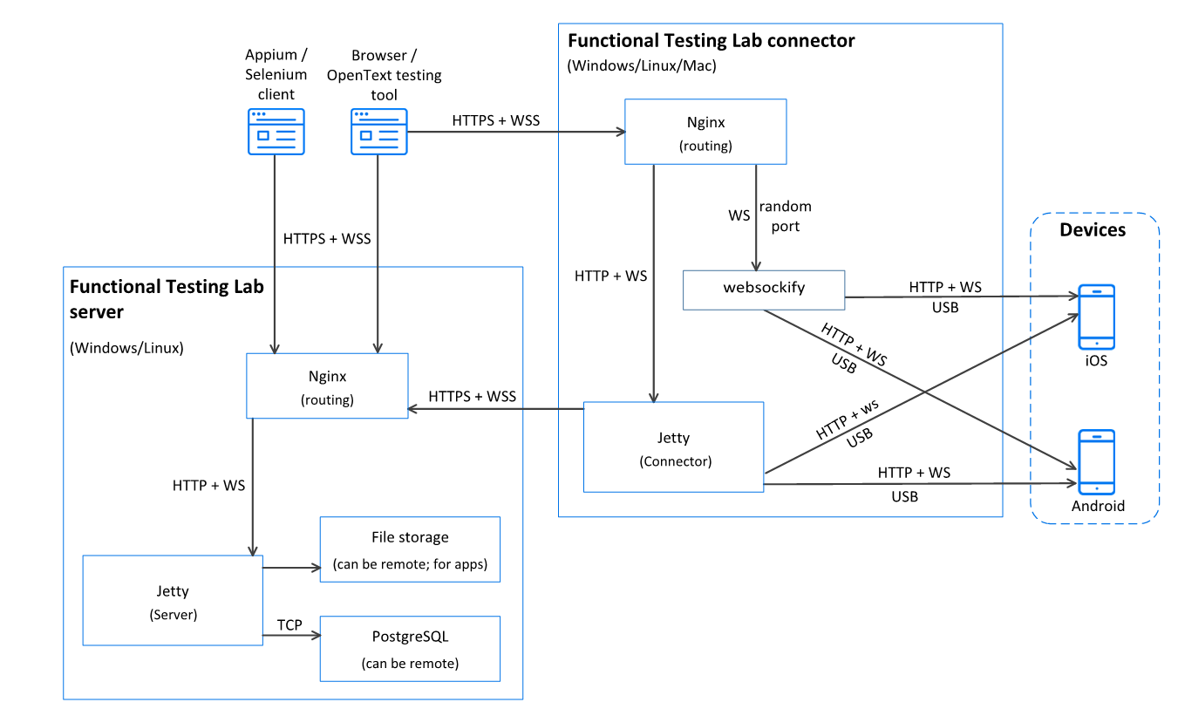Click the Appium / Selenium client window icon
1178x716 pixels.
click(x=276, y=132)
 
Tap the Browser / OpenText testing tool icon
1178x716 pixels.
click(x=379, y=132)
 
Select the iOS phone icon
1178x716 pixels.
click(x=1096, y=317)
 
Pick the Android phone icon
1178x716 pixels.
click(x=1096, y=461)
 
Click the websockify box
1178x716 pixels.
click(x=763, y=290)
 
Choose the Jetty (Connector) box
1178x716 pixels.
click(x=674, y=447)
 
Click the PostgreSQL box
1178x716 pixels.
click(x=410, y=649)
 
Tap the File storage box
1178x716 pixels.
click(x=410, y=549)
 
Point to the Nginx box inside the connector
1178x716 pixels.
click(x=705, y=132)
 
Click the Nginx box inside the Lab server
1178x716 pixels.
click(x=327, y=386)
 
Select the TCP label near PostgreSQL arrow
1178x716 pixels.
click(x=289, y=624)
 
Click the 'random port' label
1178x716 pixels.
click(x=785, y=215)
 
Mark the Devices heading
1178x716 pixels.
click(x=1093, y=230)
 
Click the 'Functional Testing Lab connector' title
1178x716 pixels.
click(x=711, y=41)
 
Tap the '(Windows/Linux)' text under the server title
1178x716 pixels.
click(x=126, y=348)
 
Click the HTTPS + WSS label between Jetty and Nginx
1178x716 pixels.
click(x=473, y=396)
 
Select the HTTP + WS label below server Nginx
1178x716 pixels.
click(x=208, y=485)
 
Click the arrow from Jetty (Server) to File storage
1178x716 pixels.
click(x=291, y=569)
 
